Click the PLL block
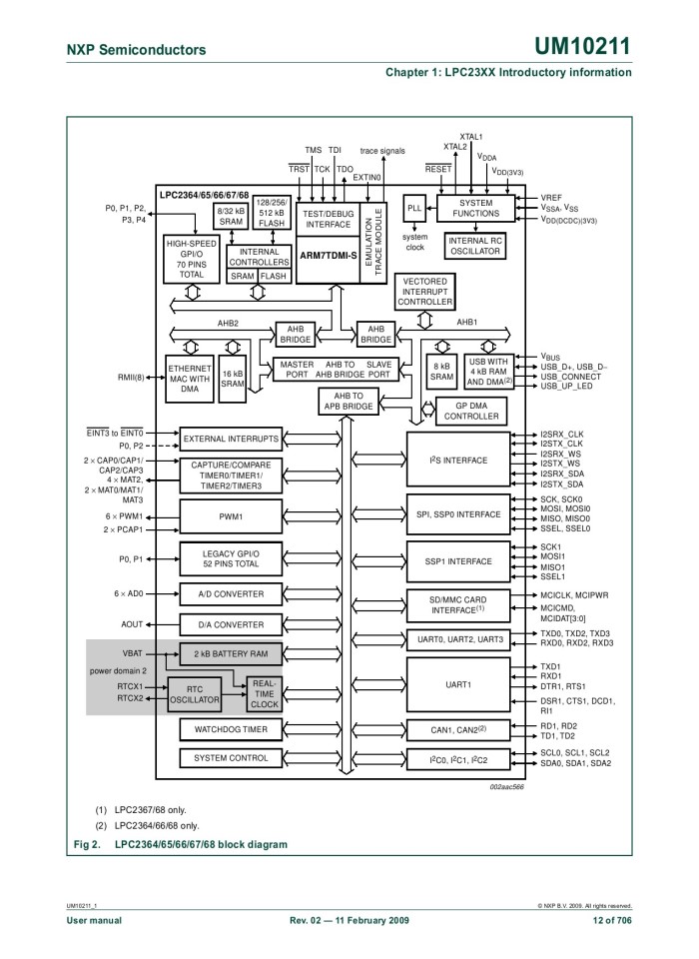pos(414,208)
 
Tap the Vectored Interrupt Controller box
pos(424,292)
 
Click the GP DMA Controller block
pos(471,410)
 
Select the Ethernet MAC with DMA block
pos(190,380)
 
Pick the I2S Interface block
pos(458,461)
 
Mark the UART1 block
pos(458,685)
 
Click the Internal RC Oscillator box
pos(475,246)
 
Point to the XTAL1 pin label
pos(471,137)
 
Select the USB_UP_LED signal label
pos(566,386)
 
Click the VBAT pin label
pos(133,652)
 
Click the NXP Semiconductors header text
pos(137,50)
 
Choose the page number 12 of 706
pos(612,919)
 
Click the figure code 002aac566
pos(506,786)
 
